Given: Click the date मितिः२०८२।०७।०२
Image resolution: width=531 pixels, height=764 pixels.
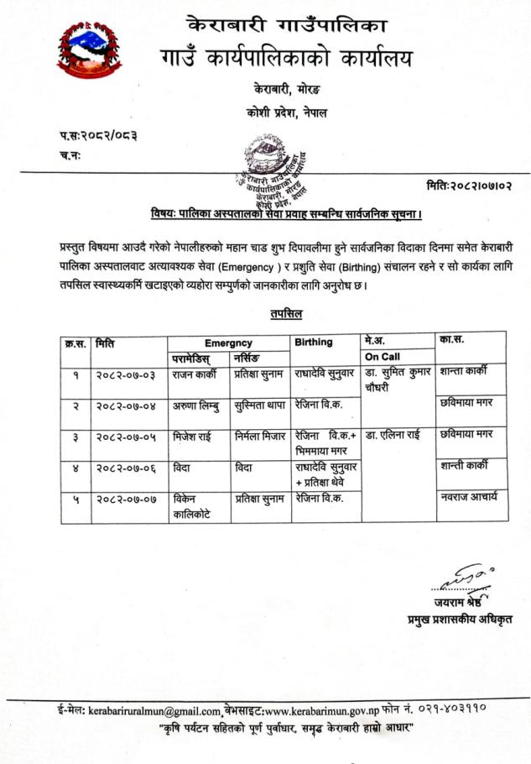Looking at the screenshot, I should pyautogui.click(x=469, y=184).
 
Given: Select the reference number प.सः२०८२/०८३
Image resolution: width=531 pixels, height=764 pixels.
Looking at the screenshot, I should pyautogui.click(x=98, y=136).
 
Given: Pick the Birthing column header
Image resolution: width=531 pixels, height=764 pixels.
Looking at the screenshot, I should pyautogui.click(x=314, y=343).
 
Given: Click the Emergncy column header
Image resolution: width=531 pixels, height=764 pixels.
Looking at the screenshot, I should pyautogui.click(x=227, y=343).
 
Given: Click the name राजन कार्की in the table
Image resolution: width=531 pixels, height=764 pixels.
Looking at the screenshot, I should pyautogui.click(x=195, y=372).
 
